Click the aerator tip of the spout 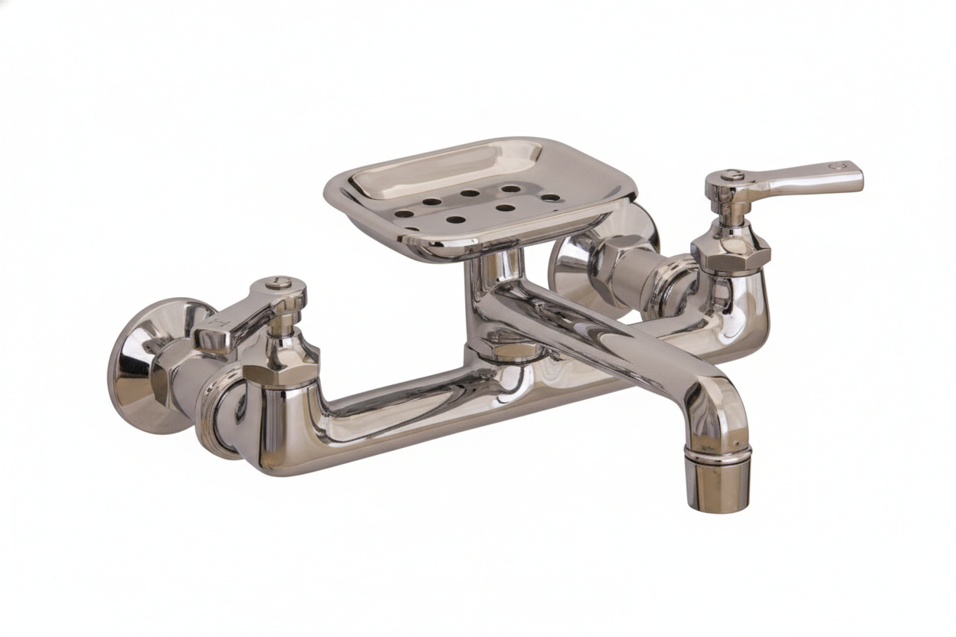coord(717,482)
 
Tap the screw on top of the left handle coord(278,283)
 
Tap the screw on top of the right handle coord(734,175)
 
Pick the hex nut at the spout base coord(506,349)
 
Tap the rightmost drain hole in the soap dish coord(550,198)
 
